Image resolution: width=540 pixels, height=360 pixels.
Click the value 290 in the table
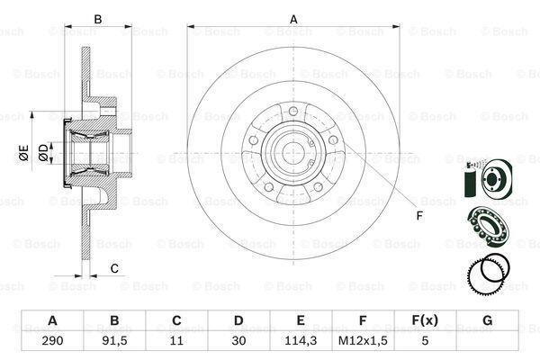(x=52, y=341)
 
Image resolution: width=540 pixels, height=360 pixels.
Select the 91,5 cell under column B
(x=114, y=341)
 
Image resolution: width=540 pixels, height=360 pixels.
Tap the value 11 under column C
(x=176, y=341)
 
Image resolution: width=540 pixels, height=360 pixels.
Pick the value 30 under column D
(x=238, y=341)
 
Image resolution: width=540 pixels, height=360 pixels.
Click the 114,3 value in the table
(x=301, y=341)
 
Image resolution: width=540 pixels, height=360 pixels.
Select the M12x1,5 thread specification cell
(x=363, y=341)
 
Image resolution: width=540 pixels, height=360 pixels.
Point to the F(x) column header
(x=425, y=320)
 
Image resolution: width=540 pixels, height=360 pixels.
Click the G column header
(x=487, y=320)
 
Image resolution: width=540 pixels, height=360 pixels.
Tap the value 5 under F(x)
(x=425, y=341)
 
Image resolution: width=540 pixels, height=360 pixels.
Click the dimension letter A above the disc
(x=293, y=19)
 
